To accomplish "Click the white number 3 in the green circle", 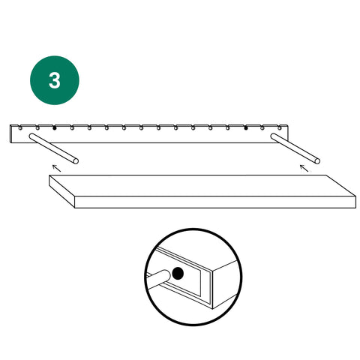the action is (x=55, y=80).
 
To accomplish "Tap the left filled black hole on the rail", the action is (x=55, y=128).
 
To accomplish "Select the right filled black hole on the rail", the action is (x=246, y=128).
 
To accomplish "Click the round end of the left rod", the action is (x=76, y=161).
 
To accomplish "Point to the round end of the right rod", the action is (x=317, y=161).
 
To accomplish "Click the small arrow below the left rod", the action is (x=56, y=168).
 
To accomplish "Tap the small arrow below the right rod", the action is (x=304, y=168).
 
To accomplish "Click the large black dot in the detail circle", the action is (x=178, y=273).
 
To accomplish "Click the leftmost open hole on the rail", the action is (x=20, y=128).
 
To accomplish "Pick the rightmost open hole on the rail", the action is (x=280, y=128).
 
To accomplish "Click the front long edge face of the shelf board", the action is (x=215, y=202).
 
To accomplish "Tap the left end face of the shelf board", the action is (x=62, y=191).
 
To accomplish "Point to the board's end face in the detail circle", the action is (x=225, y=285).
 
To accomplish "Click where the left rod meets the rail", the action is (x=32, y=136).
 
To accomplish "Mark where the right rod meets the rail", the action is (x=274, y=136).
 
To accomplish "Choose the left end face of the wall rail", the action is (x=10, y=133).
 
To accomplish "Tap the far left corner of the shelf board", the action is (x=49, y=175).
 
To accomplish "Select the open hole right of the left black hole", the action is (x=72, y=128).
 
